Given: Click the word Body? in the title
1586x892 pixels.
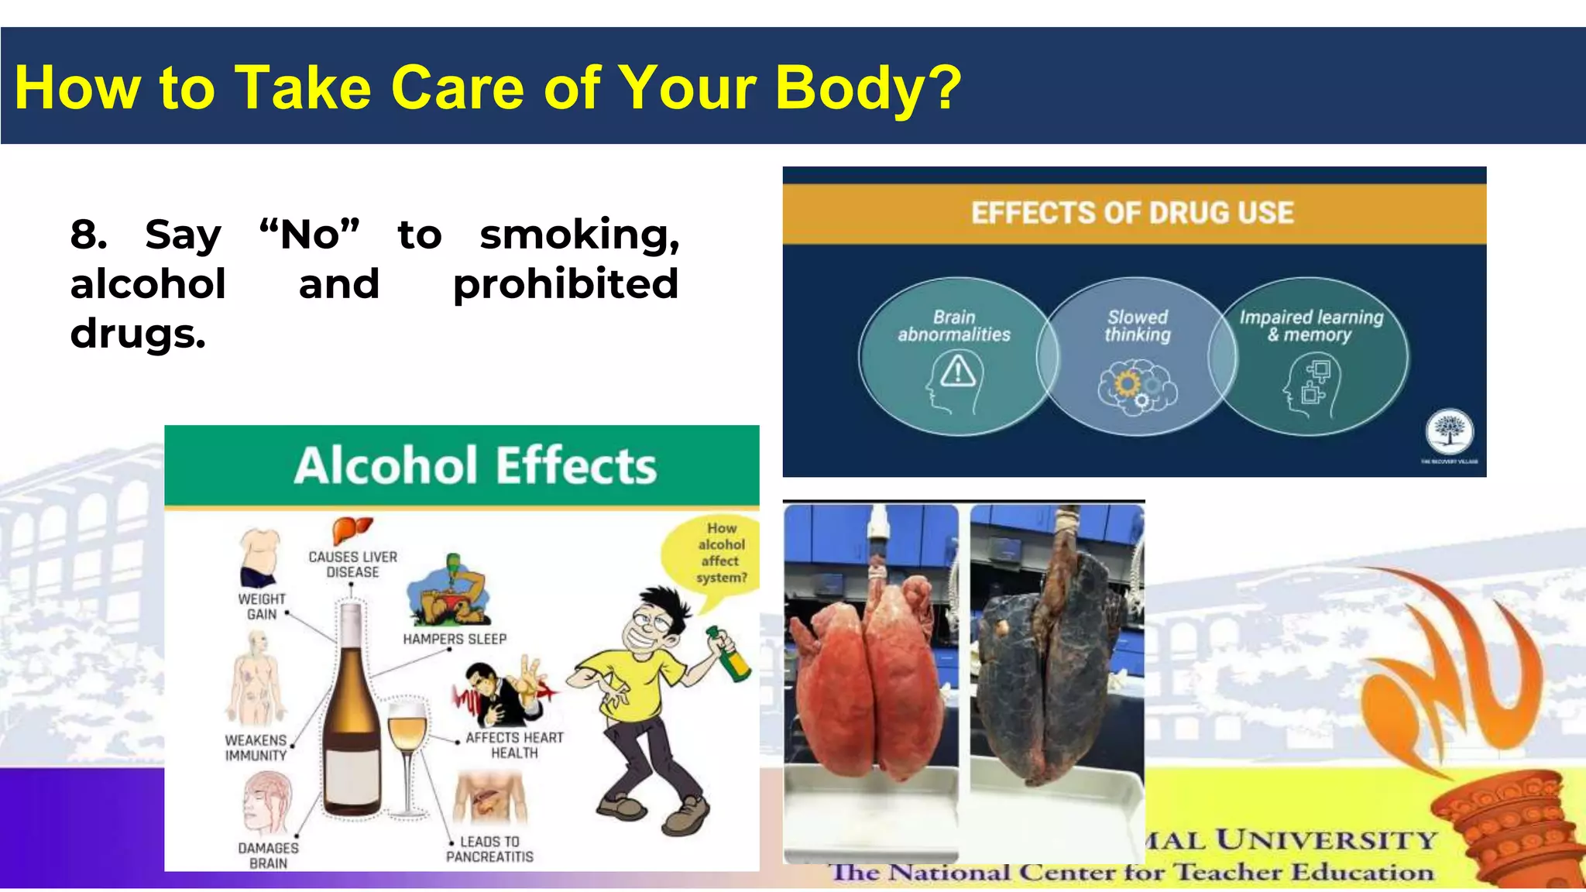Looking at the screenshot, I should [x=867, y=87].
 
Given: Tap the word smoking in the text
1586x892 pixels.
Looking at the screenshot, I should [x=579, y=235].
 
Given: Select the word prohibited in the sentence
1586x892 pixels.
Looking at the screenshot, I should [x=565, y=284].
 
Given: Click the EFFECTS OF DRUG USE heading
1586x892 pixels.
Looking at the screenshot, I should [x=1132, y=213].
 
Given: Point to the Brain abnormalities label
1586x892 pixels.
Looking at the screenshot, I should [x=954, y=326].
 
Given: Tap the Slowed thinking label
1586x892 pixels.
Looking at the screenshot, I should [x=1137, y=326].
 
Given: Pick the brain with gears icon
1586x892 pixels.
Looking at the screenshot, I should [x=1137, y=386].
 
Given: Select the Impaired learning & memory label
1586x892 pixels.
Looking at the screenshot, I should [x=1310, y=326].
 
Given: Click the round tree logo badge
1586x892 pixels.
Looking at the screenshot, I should [x=1450, y=431].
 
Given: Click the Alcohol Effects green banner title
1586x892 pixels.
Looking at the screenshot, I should [x=475, y=466].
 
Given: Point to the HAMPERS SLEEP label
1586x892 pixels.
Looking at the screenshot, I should [x=455, y=640].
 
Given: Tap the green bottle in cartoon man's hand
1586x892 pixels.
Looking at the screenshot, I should [x=729, y=655].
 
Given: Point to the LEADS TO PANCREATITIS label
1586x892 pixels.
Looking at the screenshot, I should [x=489, y=849].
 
